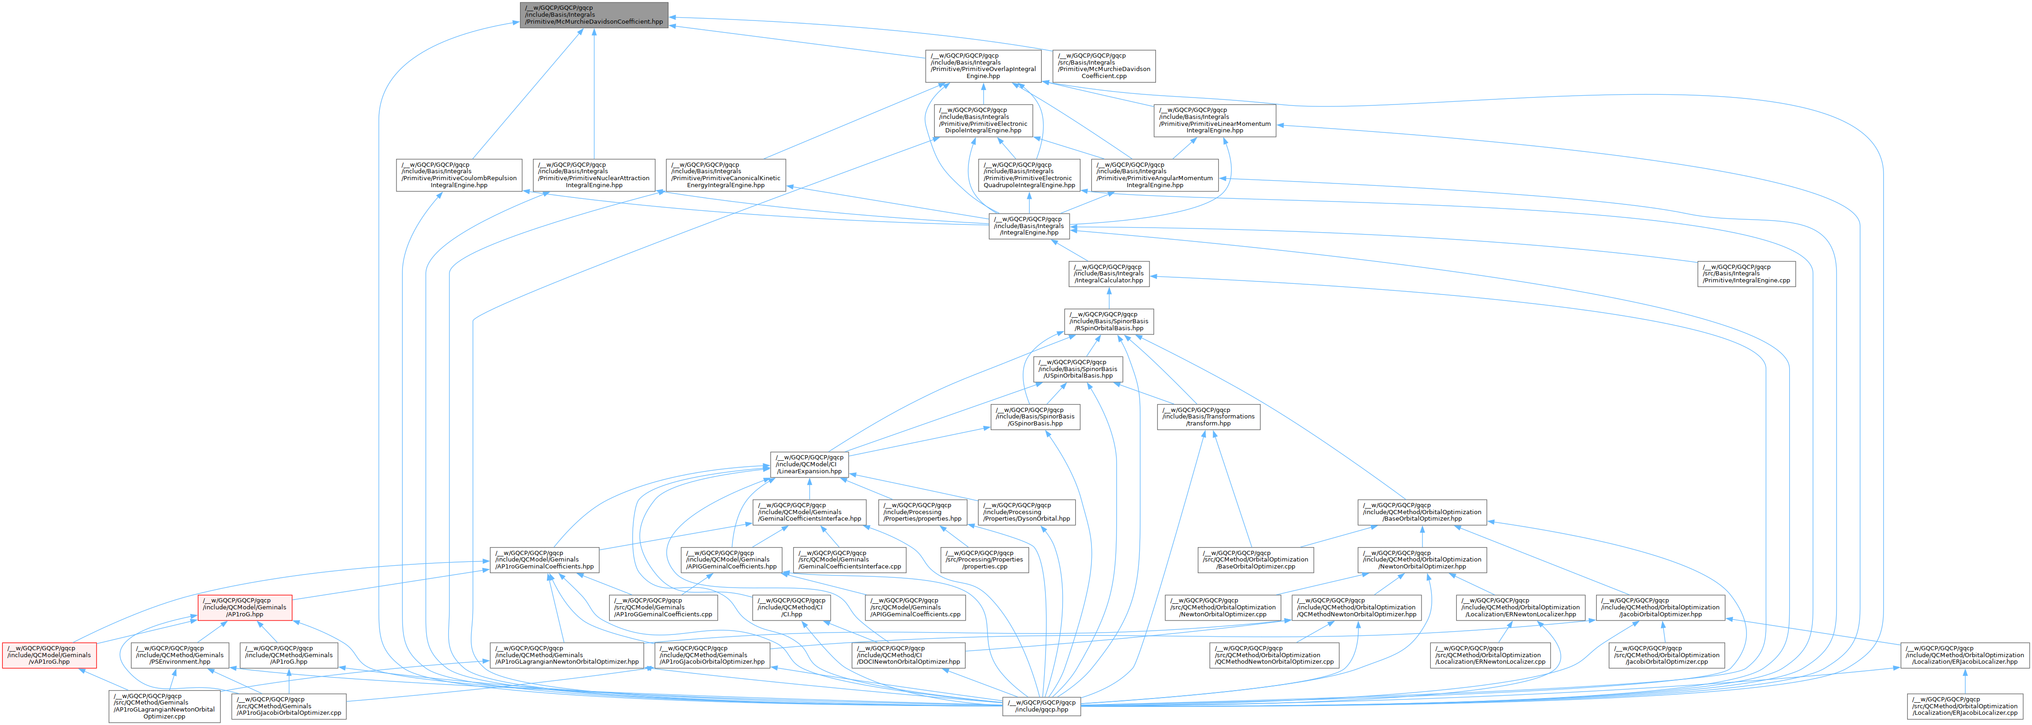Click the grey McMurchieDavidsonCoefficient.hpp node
tap(594, 15)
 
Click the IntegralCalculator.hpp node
tap(1109, 274)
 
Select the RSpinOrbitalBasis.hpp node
tap(1109, 321)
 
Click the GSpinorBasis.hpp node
tap(1035, 417)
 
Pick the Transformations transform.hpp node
tap(1208, 417)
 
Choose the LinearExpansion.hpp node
tap(809, 464)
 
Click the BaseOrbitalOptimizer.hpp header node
tap(1422, 512)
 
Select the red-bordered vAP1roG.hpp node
tap(49, 655)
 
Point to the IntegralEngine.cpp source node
tap(1746, 274)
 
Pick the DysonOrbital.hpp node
tap(1026, 512)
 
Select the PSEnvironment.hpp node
tap(180, 655)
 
